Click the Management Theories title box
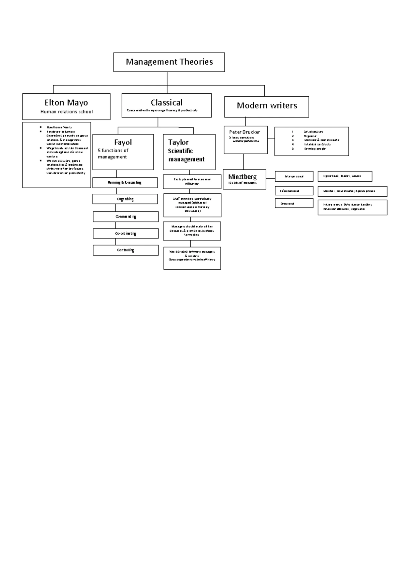(x=169, y=62)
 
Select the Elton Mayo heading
(x=66, y=102)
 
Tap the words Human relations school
(x=66, y=112)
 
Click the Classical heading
(x=166, y=102)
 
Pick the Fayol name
(x=123, y=142)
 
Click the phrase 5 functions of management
(x=113, y=154)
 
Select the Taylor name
(x=178, y=142)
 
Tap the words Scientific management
(x=186, y=155)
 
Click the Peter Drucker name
(x=245, y=132)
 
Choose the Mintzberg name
(x=243, y=176)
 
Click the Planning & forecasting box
(x=125, y=183)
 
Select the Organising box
(x=125, y=199)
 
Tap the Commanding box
(x=126, y=216)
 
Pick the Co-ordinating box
(x=126, y=233)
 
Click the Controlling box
(x=126, y=250)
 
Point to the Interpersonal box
(x=294, y=176)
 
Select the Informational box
(x=294, y=191)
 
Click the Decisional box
(x=294, y=203)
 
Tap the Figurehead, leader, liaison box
(x=345, y=176)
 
